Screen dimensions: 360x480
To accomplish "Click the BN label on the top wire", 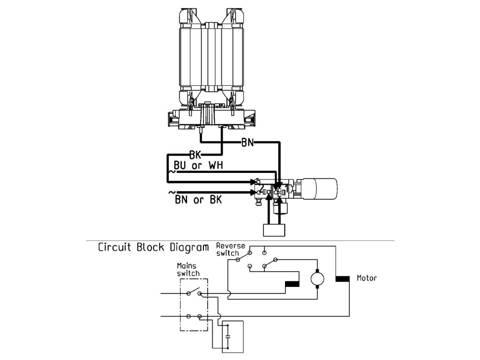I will point(247,142).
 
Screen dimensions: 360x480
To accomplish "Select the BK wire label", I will point(195,155).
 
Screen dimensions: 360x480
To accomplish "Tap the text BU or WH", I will point(197,166).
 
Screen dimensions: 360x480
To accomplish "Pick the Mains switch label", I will point(187,270).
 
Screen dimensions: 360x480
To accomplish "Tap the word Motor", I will point(367,278).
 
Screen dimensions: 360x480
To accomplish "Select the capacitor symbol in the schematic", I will point(228,336).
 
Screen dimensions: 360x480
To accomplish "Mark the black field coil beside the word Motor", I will point(343,279).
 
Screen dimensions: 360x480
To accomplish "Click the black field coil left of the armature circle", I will point(292,284).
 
